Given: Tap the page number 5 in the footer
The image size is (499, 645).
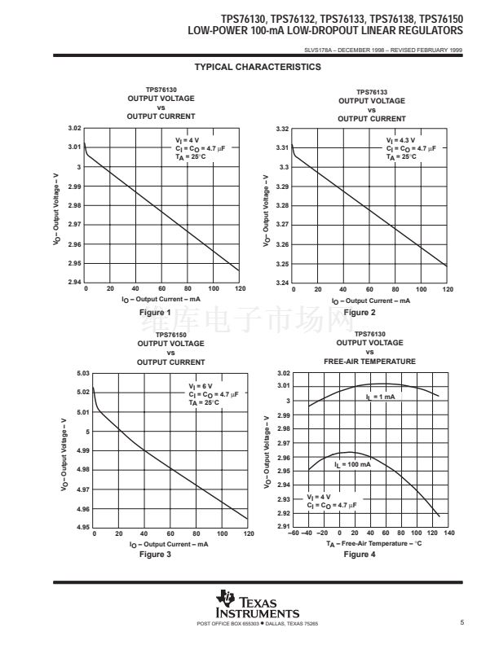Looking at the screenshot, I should (x=461, y=623).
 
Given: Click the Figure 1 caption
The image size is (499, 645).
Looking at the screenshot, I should (x=155, y=313).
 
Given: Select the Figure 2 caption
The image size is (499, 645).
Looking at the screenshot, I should (x=360, y=313).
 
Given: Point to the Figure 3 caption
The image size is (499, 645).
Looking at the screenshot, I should (x=155, y=555).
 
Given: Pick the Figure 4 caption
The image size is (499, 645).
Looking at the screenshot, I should (x=360, y=555).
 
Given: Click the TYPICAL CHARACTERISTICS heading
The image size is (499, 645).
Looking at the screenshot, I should (x=258, y=68).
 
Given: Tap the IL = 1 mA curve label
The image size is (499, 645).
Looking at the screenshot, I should (x=380, y=397).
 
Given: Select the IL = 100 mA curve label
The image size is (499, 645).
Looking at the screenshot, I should (x=352, y=464).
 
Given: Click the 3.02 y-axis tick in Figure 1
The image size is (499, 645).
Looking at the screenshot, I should (x=74, y=129).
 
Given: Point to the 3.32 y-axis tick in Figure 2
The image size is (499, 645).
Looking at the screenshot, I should (x=283, y=129).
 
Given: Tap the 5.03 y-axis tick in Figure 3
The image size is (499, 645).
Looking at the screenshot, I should (x=82, y=373).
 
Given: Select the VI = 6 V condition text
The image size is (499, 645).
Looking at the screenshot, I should (x=200, y=386).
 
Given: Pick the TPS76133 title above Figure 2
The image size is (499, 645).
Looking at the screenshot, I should (x=371, y=92).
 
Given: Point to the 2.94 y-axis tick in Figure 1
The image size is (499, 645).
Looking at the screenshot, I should (x=74, y=283).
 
